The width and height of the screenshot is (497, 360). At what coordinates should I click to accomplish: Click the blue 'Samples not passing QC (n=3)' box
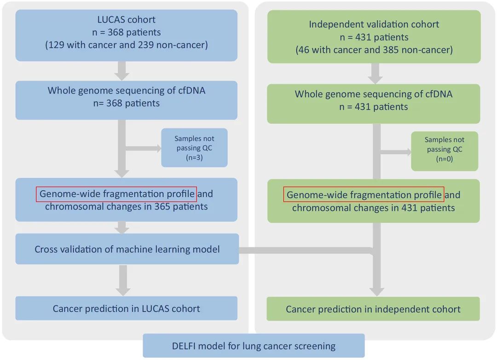194,147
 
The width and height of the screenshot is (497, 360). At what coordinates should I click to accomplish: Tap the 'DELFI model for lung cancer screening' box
254,346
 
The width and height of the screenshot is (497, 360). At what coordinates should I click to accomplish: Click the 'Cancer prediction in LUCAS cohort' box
126,308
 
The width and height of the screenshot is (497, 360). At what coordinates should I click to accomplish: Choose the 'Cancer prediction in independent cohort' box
373,309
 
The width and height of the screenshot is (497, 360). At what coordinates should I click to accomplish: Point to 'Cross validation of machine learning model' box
127,249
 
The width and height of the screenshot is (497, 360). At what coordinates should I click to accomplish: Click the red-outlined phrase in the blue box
116,194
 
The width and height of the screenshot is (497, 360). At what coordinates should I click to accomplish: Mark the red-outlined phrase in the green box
364,195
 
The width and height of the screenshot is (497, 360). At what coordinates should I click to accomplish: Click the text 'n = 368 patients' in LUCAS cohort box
126,32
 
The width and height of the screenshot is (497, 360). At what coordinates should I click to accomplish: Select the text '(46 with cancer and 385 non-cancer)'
374,50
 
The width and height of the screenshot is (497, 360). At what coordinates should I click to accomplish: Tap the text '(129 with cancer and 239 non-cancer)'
126,45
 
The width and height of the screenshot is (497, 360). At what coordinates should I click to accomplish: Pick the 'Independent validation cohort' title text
374,24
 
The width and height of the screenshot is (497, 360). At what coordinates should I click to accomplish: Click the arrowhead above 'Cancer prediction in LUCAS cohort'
123,290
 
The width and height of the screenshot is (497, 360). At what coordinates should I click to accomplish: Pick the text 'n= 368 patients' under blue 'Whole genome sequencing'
126,103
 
